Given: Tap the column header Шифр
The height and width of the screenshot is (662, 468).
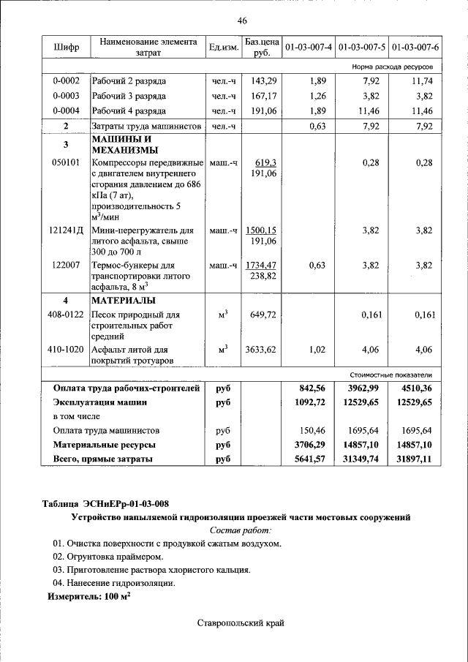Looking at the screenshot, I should click(66, 48).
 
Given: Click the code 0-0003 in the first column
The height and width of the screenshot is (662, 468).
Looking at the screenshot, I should click(66, 96).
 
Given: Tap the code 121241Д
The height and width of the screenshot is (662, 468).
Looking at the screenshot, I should click(66, 230).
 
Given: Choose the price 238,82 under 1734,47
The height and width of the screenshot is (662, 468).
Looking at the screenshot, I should click(263, 277).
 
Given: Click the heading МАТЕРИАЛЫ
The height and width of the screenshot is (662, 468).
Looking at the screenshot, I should click(125, 301).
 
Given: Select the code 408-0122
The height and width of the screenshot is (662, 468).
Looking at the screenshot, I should click(66, 315).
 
